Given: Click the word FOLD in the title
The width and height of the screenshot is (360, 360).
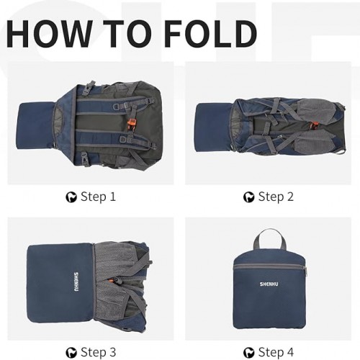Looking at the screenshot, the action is (211, 33).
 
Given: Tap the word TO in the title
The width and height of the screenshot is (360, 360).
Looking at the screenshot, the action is (127, 33).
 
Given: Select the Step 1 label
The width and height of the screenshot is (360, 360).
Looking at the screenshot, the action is (98, 197).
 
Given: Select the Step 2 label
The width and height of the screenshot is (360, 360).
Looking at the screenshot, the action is (276, 197).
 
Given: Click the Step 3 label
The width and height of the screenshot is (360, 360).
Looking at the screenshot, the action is (99, 352).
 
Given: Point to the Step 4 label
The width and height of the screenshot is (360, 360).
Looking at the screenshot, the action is (276, 352).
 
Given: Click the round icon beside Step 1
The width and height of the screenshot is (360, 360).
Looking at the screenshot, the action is (71, 197).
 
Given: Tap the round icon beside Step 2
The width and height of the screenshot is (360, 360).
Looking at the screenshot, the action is (248, 197).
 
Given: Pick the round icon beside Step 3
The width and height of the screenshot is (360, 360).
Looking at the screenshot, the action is (71, 353).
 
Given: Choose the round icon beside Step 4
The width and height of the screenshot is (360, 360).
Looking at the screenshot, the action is (248, 353).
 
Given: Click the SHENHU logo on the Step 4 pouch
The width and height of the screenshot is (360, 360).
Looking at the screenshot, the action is (269, 284).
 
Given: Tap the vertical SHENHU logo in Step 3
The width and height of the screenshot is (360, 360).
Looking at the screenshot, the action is (76, 282).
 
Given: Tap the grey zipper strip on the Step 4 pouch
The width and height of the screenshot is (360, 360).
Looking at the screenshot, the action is (269, 266).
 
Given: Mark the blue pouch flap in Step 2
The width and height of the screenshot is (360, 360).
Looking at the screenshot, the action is (214, 127).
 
